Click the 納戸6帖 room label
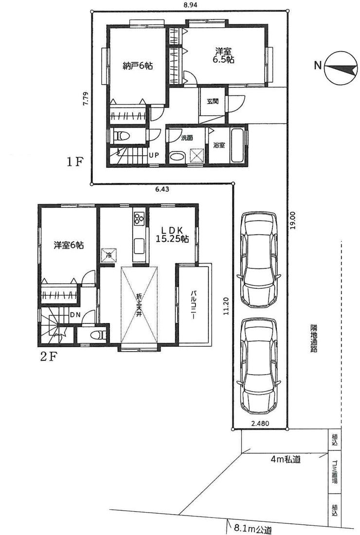[x=138, y=66]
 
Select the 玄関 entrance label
[x=212, y=101]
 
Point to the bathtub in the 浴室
[x=237, y=145]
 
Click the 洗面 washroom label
[x=187, y=138]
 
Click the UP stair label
[x=154, y=155]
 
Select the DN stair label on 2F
[x=75, y=315]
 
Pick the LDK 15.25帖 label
[x=172, y=234]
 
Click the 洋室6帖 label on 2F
[x=69, y=245]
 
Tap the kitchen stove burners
[x=139, y=218]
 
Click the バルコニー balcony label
[x=193, y=304]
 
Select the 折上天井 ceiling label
[x=139, y=305]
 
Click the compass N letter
[x=318, y=65]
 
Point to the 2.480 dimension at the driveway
[x=260, y=424]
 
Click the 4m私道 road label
[x=286, y=459]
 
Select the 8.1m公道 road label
[x=253, y=530]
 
